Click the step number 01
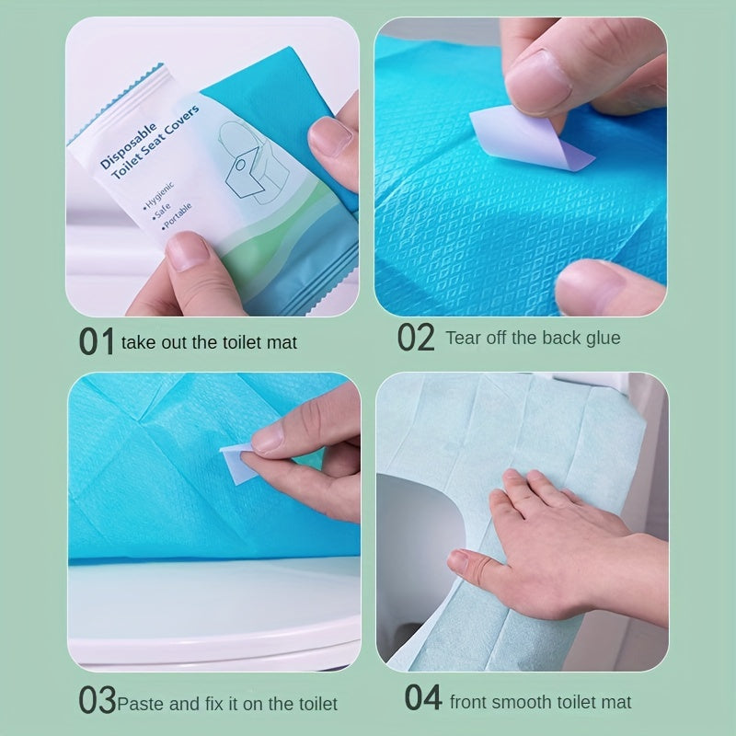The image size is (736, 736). point(97,340)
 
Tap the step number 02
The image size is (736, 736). point(415,338)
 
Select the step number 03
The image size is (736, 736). point(97,701)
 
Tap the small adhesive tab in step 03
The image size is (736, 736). point(236,459)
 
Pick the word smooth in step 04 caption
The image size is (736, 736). point(522,702)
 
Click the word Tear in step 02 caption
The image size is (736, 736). point(464,338)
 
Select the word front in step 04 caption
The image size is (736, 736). point(469,702)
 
